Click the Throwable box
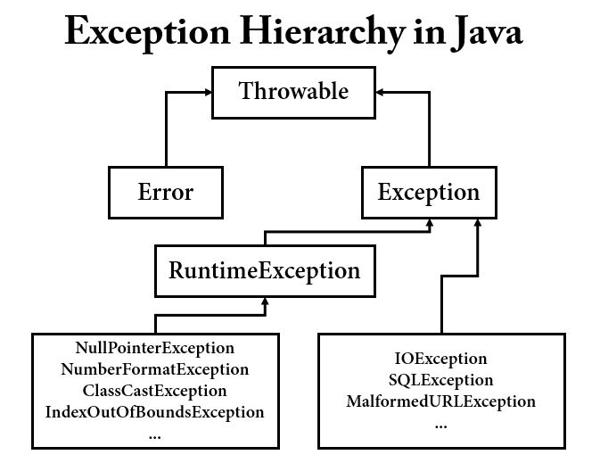coord(293,91)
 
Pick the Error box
coord(165,192)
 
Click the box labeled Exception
coord(428,192)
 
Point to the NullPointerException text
coord(155,348)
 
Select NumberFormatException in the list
coord(155,369)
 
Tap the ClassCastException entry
coord(155,391)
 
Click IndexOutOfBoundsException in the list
coord(155,412)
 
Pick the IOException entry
coord(440,359)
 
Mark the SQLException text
coord(440,380)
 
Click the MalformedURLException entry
coord(440,401)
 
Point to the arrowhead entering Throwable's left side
coord(206,91)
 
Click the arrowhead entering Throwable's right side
coord(381,91)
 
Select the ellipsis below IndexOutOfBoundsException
coord(155,434)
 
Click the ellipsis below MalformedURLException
coord(440,424)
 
